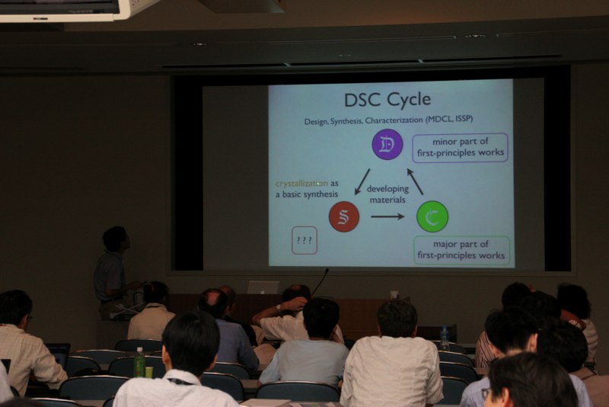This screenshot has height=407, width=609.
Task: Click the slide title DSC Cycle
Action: pyautogui.click(x=387, y=100)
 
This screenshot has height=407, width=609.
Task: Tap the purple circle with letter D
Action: pyautogui.click(x=387, y=144)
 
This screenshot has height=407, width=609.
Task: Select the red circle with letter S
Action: pyautogui.click(x=344, y=216)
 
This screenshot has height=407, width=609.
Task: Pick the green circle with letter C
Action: pyautogui.click(x=432, y=216)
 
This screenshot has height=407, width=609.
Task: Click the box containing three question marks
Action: pyautogui.click(x=304, y=241)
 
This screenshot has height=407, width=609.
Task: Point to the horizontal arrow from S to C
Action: pyautogui.click(x=387, y=216)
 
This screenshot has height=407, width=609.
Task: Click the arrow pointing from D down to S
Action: pyautogui.click(x=362, y=181)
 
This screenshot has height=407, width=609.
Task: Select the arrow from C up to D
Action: pyautogui.click(x=415, y=181)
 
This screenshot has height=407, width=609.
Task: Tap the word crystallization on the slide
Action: pyautogui.click(x=301, y=183)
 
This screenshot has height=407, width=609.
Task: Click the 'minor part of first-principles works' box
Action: pyautogui.click(x=460, y=147)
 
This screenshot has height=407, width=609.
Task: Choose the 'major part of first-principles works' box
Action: pyautogui.click(x=461, y=250)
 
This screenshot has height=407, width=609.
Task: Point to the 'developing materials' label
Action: pyautogui.click(x=387, y=194)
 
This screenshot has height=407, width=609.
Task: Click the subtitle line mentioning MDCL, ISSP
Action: pyautogui.click(x=388, y=120)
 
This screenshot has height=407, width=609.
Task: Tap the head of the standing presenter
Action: pyautogui.click(x=115, y=239)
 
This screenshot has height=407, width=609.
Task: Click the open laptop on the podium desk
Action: pyautogui.click(x=263, y=287)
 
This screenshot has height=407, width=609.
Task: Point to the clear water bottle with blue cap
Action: pyautogui.click(x=445, y=338)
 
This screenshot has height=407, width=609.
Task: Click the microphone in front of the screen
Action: pyautogui.click(x=320, y=283)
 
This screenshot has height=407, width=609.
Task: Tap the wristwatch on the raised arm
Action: pyautogui.click(x=277, y=308)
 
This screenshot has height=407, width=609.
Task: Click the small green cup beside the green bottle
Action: pyautogui.click(x=149, y=372)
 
